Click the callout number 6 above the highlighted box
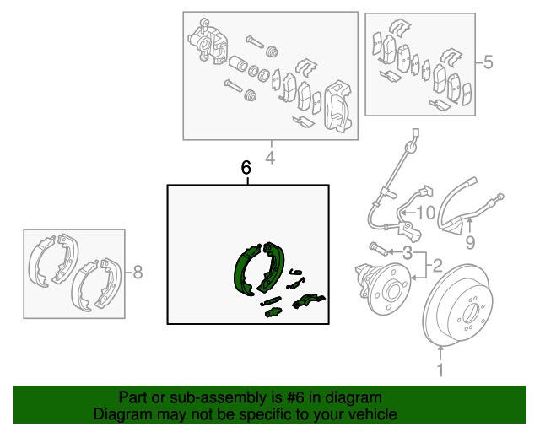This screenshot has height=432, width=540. tap(246, 168)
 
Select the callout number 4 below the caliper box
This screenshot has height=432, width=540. tap(270, 158)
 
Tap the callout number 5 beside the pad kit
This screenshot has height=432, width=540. tap(488, 62)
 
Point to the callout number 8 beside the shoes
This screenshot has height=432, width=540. tap(138, 273)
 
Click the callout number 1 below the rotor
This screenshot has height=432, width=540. tap(440, 370)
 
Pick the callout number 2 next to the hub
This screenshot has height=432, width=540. tap(437, 266)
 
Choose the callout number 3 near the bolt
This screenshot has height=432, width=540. tap(408, 253)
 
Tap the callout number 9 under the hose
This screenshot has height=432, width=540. tap(470, 242)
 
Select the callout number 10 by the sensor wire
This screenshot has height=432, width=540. tap(426, 213)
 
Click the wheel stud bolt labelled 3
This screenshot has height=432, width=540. tap(378, 249)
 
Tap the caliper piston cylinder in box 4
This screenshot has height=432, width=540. tap(238, 63)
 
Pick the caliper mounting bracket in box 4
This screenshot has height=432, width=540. tap(337, 106)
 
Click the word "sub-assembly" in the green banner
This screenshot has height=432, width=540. tap(219, 397)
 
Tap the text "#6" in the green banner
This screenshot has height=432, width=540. tap(295, 397)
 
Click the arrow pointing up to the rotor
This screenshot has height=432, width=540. tap(440, 354)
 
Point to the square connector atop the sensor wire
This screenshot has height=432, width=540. tap(416, 133)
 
